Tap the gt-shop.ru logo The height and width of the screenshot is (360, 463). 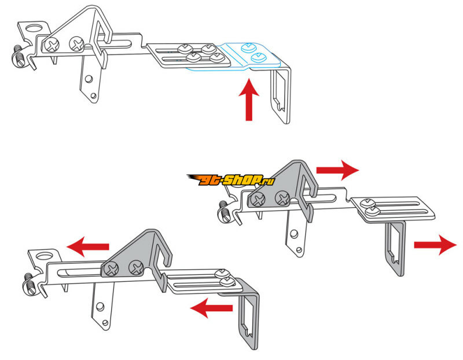coord(231,179)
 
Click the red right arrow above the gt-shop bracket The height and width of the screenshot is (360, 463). coord(337,170)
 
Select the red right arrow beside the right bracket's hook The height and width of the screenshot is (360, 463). coord(436,245)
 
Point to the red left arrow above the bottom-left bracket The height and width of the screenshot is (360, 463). coord(88,247)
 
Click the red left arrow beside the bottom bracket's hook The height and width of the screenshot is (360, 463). coord(211,308)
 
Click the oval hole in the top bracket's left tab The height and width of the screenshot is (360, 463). coord(34,28)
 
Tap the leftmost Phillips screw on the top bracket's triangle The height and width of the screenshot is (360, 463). coord(53,45)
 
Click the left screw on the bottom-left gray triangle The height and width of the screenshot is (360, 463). coord(111,269)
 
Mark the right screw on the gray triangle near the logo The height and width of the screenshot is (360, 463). coord(282,198)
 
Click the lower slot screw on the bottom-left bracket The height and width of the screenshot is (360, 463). coord(228,282)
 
